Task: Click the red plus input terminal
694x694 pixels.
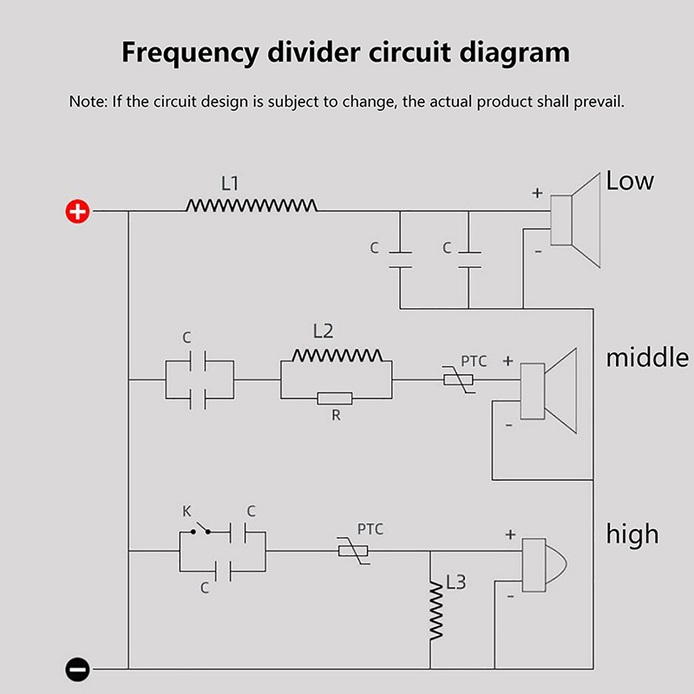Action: (78, 211)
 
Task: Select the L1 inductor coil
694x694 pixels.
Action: (252, 206)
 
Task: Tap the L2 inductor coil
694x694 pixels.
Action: (337, 356)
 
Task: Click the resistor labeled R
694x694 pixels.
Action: (334, 398)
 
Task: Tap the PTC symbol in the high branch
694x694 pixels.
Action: (353, 551)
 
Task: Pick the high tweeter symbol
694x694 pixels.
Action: (542, 563)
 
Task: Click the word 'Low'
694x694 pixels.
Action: (630, 181)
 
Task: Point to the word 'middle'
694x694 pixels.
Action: (647, 357)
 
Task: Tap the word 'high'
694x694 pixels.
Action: (633, 534)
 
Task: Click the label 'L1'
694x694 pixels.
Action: (230, 184)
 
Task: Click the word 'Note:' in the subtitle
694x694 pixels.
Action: (88, 101)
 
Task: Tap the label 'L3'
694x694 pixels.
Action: (455, 582)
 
